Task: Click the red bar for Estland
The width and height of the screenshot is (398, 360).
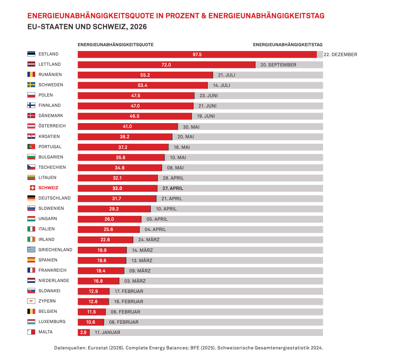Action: (x=197, y=55)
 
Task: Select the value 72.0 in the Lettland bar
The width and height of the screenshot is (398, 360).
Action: (x=166, y=65)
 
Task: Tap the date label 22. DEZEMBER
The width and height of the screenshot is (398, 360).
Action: (x=340, y=55)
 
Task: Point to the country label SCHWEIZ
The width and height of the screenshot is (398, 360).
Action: (x=48, y=188)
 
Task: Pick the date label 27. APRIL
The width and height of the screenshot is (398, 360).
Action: (x=173, y=188)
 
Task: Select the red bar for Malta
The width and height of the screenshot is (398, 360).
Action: (x=83, y=332)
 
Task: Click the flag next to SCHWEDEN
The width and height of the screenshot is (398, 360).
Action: (x=31, y=85)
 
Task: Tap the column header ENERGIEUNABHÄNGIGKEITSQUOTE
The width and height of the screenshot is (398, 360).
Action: (x=116, y=45)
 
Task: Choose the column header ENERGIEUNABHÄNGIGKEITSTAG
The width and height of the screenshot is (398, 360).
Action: (x=288, y=45)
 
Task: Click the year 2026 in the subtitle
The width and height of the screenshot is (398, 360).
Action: (x=139, y=27)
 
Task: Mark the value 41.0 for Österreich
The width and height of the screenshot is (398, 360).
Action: (x=127, y=126)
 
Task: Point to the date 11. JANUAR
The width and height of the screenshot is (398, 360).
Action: (x=108, y=332)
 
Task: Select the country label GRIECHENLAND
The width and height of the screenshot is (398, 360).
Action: (x=55, y=250)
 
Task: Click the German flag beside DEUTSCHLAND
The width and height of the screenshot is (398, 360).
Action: (x=31, y=198)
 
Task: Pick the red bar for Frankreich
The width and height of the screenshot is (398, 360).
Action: (x=101, y=271)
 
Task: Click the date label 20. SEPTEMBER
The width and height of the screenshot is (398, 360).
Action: (x=278, y=65)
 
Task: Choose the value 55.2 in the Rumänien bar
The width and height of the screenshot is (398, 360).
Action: (x=145, y=75)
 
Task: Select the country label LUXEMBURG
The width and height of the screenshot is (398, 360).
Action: (x=52, y=321)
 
